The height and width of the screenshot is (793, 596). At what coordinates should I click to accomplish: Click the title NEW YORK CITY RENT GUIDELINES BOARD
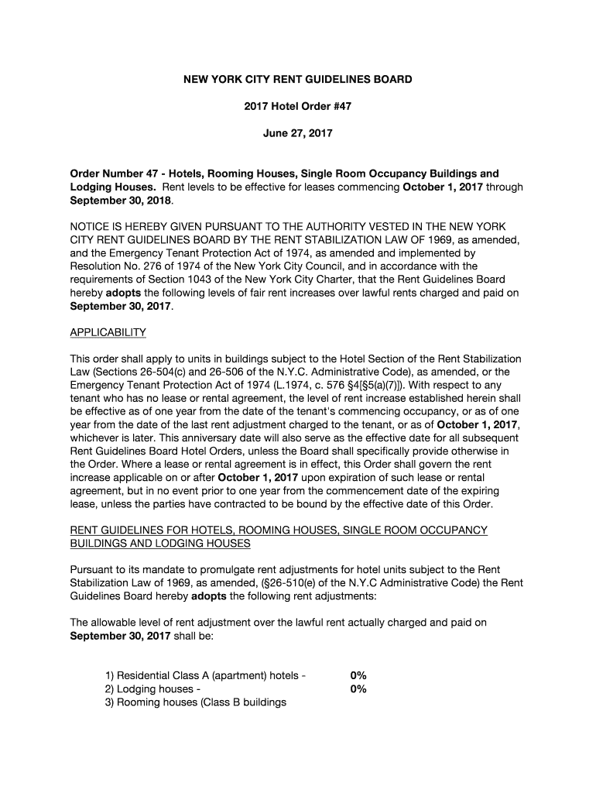pyautogui.click(x=297, y=80)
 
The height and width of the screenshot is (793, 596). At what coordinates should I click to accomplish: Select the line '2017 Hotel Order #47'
pyautogui.click(x=297, y=107)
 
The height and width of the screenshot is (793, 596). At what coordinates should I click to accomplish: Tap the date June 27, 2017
pyautogui.click(x=297, y=133)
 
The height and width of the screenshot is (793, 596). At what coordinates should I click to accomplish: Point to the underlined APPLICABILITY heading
pyautogui.click(x=108, y=332)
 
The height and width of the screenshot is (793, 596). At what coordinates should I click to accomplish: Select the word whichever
pyautogui.click(x=98, y=438)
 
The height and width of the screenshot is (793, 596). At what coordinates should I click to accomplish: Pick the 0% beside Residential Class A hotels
pyautogui.click(x=358, y=676)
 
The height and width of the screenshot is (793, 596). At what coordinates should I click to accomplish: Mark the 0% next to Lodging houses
pyautogui.click(x=358, y=689)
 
